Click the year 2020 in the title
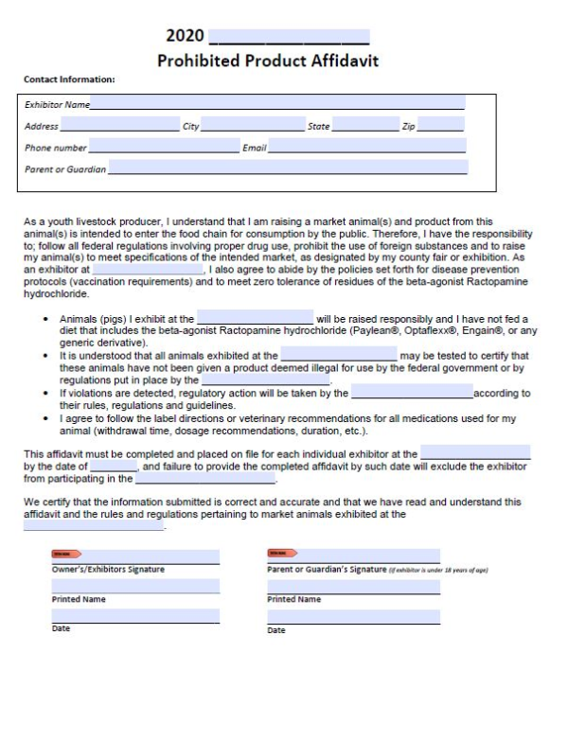(x=185, y=36)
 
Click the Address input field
(x=120, y=126)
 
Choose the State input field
(x=365, y=126)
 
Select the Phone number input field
(x=164, y=148)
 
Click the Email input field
(x=367, y=148)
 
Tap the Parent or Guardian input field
(x=287, y=168)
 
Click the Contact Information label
(x=69, y=79)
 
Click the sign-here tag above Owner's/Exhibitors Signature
(x=65, y=553)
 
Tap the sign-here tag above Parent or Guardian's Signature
(x=282, y=553)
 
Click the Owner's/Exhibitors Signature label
(x=108, y=570)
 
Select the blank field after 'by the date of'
(x=115, y=467)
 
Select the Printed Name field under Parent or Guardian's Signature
(x=353, y=587)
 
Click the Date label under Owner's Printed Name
(x=61, y=628)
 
